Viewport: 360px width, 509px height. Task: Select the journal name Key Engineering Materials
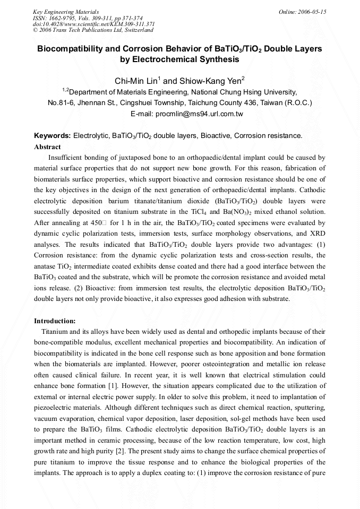coord(65,11)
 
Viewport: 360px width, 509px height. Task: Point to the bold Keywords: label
coord(52,136)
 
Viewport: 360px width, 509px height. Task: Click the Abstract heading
coord(47,146)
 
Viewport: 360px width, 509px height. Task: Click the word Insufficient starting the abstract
coord(66,158)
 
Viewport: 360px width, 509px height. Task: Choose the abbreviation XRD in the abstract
coord(316,234)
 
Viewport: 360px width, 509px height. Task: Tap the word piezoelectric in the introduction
coord(57,408)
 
